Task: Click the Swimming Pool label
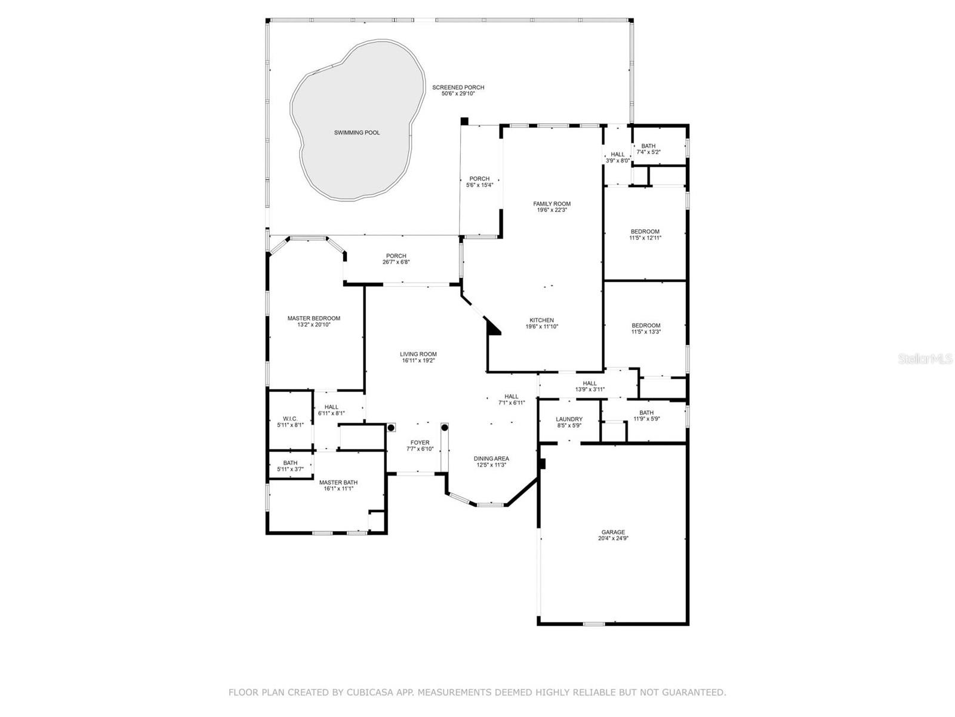click(x=356, y=133)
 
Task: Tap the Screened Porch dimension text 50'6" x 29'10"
click(x=458, y=94)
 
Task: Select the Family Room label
click(x=552, y=204)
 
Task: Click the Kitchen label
click(x=541, y=320)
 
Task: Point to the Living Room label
click(x=418, y=354)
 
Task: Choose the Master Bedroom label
click(x=313, y=318)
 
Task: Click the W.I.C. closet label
click(x=290, y=418)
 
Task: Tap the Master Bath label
click(x=338, y=482)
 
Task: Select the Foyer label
click(x=420, y=443)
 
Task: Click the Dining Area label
click(x=491, y=459)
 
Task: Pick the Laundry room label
click(x=568, y=419)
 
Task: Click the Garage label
click(x=613, y=532)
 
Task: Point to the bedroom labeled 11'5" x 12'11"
click(x=645, y=232)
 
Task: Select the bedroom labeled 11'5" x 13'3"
click(x=646, y=326)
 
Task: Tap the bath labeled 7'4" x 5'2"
click(x=648, y=146)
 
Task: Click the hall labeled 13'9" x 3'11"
click(x=590, y=384)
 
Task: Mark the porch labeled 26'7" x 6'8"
click(x=396, y=256)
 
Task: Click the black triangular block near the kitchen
click(x=494, y=327)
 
